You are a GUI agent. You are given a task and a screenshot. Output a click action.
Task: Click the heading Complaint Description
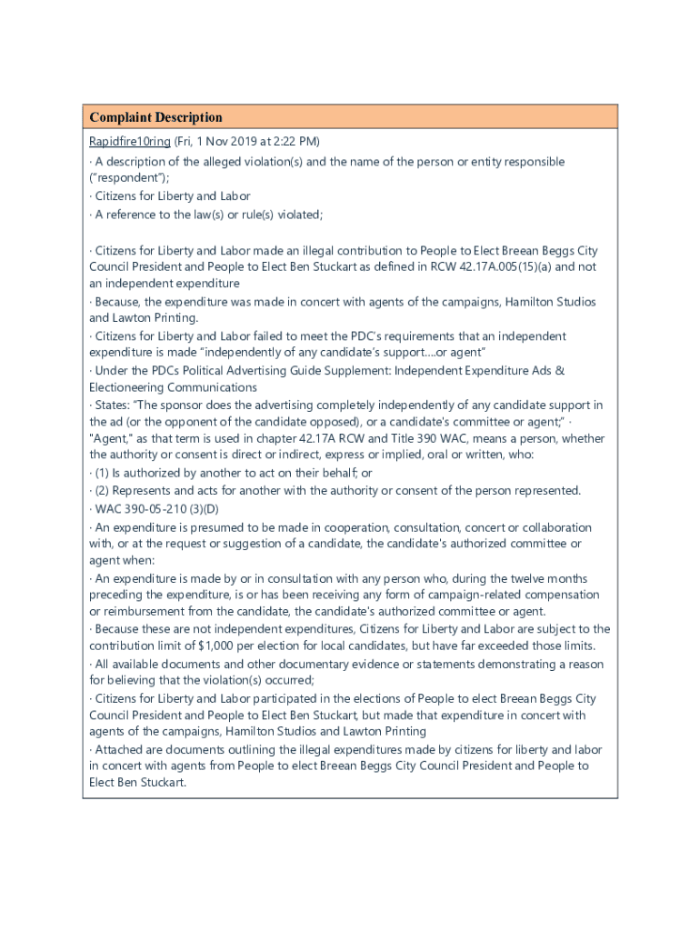155,117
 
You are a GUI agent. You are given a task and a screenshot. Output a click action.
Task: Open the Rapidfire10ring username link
129,142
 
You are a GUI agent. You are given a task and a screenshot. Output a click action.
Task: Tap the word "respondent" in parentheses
125,178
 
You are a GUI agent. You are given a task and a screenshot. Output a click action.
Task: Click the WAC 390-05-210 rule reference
145,507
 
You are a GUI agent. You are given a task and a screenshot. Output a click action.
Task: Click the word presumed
203,527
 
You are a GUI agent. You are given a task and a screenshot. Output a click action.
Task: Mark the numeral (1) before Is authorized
103,473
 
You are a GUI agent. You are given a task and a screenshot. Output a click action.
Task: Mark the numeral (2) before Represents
103,490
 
